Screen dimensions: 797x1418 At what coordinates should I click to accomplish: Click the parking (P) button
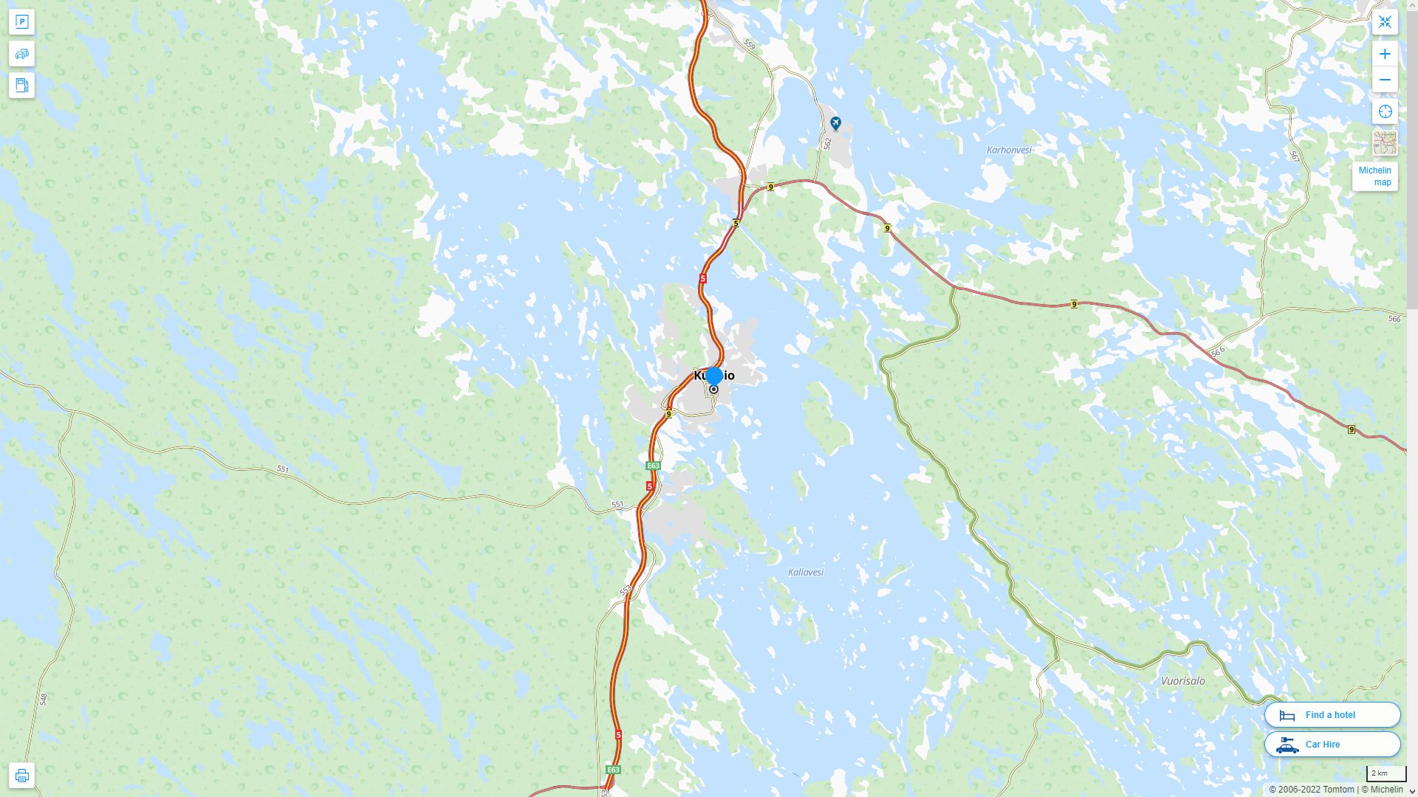coord(21,22)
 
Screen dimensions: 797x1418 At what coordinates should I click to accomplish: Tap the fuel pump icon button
coord(21,85)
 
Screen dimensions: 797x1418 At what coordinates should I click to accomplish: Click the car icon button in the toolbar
coord(21,54)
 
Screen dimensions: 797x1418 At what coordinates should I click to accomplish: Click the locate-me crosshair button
coord(1385,111)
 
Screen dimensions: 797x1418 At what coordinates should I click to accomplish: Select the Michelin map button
coord(1374,176)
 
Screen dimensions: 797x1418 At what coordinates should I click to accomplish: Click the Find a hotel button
coord(1332,714)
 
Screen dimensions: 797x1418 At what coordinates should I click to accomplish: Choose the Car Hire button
coord(1332,744)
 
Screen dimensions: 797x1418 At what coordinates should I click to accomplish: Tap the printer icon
coord(21,775)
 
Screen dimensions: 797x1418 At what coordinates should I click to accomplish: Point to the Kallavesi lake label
coord(805,572)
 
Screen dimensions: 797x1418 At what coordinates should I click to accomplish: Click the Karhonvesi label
coord(1009,150)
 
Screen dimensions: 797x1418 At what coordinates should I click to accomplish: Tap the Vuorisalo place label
coord(1182,680)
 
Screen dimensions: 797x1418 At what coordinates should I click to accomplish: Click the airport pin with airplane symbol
coord(835,123)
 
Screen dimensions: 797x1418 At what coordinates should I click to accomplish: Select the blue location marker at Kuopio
coord(713,376)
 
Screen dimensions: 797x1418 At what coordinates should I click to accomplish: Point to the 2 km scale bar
coord(1386,773)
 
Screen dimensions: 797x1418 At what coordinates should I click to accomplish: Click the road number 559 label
coord(750,45)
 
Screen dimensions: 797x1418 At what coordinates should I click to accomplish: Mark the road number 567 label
coord(1295,156)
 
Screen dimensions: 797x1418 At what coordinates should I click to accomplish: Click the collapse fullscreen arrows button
coord(1385,22)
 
